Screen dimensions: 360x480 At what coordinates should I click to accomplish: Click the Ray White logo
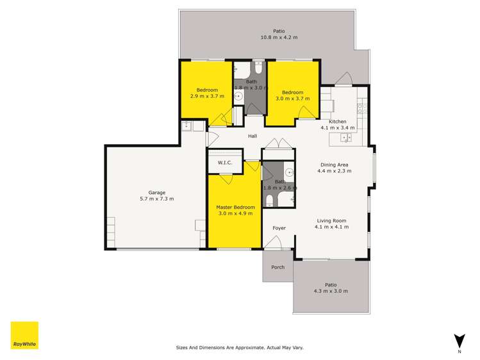(24, 335)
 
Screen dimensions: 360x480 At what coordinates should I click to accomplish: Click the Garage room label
(157, 192)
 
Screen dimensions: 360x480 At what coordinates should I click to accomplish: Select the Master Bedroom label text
(235, 208)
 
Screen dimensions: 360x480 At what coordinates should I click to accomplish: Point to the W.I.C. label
(224, 163)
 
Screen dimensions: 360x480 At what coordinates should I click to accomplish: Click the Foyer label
(279, 228)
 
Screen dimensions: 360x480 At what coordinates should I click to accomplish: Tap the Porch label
(277, 267)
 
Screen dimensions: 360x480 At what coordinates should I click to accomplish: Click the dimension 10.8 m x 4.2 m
(279, 37)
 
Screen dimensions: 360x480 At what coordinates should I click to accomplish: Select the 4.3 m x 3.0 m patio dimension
(331, 291)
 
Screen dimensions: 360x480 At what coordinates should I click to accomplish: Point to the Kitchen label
(337, 121)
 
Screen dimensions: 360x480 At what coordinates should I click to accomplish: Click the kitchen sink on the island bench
(346, 137)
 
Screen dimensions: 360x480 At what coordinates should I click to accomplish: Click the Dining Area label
(334, 165)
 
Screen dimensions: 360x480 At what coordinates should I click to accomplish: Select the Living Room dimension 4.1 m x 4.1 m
(331, 227)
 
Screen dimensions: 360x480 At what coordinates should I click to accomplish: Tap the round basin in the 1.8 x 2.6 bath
(288, 172)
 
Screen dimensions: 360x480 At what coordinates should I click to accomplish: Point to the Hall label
(252, 136)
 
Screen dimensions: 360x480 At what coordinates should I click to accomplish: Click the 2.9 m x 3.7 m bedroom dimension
(207, 96)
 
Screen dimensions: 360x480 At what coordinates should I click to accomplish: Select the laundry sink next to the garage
(188, 125)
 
